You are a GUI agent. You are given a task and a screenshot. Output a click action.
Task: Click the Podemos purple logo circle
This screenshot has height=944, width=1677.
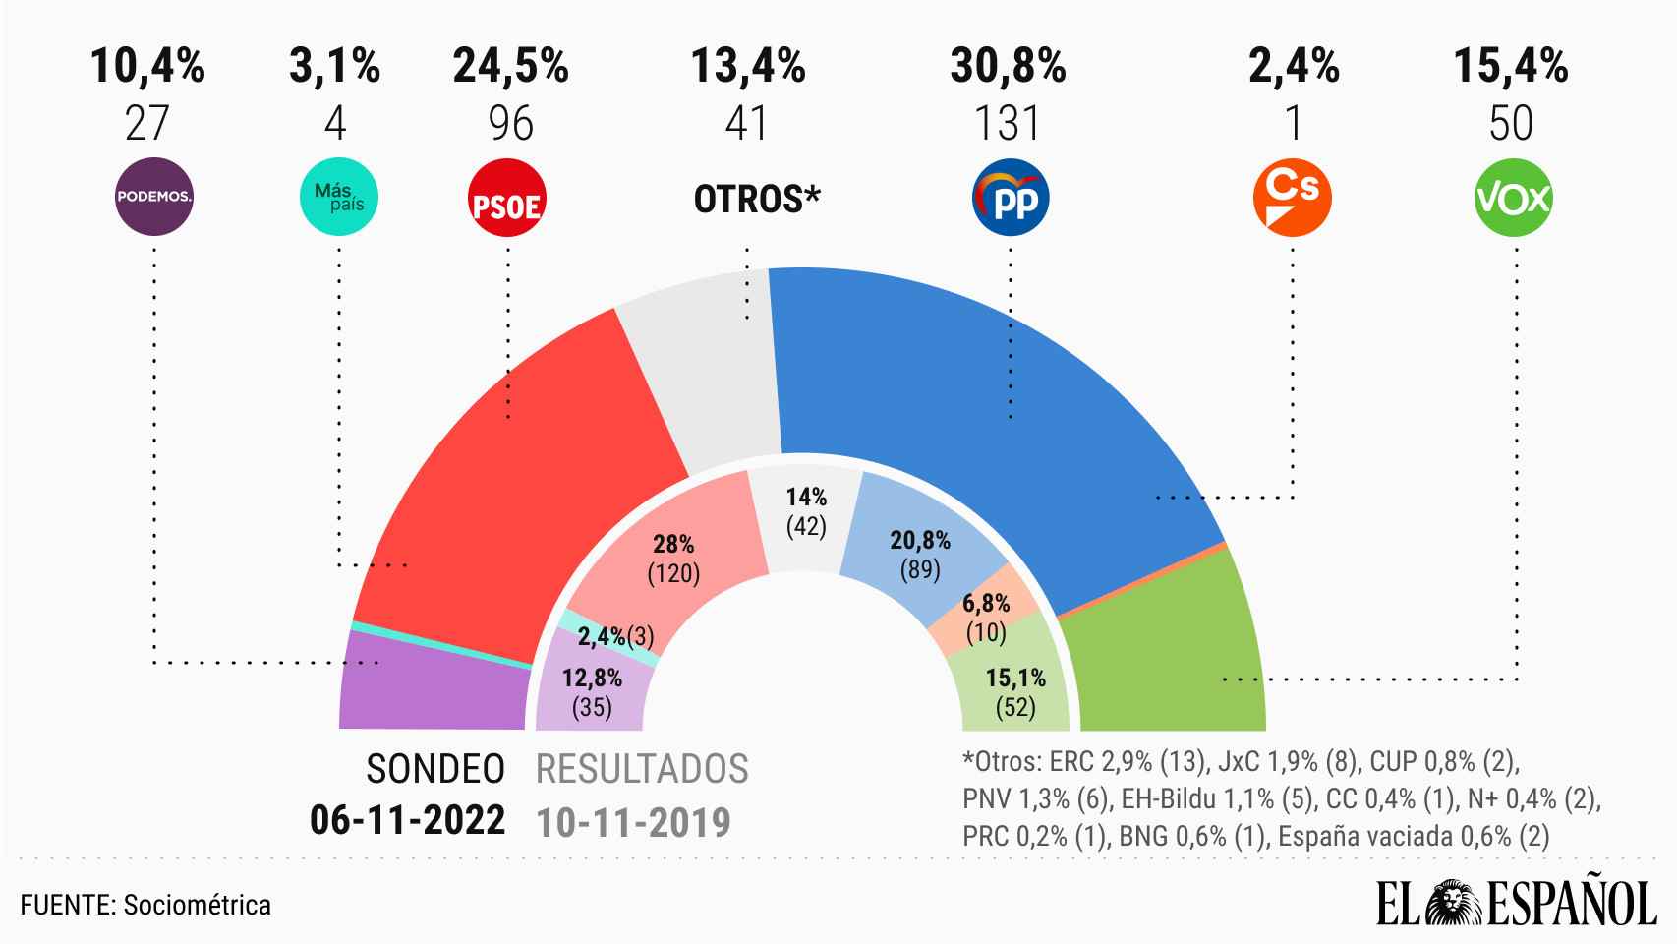[x=153, y=197]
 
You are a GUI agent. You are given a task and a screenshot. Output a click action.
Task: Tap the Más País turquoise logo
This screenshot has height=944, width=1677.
[x=337, y=197]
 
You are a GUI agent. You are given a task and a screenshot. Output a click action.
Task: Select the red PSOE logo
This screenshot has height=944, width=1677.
[x=507, y=198]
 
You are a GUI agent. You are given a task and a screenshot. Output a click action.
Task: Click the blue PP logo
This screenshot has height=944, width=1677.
[x=1010, y=198]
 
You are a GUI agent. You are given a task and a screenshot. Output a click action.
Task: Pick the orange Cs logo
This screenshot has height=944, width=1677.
[x=1292, y=198]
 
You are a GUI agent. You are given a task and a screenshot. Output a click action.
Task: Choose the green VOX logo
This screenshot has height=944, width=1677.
[x=1514, y=198]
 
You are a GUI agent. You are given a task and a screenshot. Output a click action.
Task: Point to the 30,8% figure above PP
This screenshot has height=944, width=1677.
[x=1008, y=67]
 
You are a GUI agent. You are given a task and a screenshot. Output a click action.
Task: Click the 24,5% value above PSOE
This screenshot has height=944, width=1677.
[x=510, y=67]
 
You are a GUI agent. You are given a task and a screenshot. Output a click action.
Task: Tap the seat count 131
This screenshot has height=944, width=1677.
[x=1008, y=123]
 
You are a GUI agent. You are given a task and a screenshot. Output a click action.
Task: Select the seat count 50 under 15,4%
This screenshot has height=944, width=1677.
[x=1511, y=123]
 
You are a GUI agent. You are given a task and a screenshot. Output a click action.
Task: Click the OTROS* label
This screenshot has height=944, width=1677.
[x=757, y=200]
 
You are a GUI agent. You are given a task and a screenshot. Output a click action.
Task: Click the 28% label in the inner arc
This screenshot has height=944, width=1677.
[x=674, y=545]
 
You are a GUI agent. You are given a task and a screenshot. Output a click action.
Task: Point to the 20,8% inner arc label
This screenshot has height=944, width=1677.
[x=920, y=540]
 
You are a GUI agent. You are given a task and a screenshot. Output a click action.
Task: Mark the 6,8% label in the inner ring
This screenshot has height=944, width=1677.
[x=986, y=604]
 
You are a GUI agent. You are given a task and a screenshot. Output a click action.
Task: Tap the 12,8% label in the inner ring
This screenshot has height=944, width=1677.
[x=592, y=678]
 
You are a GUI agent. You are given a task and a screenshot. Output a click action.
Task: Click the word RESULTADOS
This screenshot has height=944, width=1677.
[x=642, y=769]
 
